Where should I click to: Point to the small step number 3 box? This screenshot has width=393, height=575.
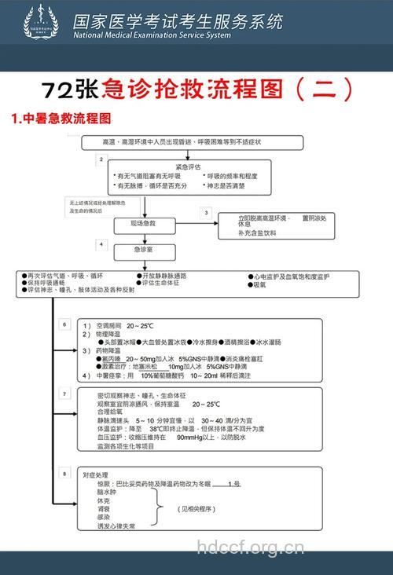tap(207, 212)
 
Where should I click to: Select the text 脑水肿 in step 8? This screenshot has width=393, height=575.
tap(106, 491)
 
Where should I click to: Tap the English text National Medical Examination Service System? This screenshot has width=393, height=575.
tap(152, 35)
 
